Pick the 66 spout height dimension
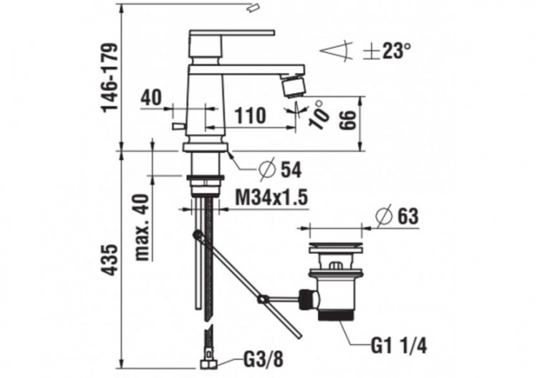click(x=347, y=116)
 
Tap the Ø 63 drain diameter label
click(x=397, y=214)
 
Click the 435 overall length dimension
click(x=108, y=257)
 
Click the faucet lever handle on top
click(x=231, y=33)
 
